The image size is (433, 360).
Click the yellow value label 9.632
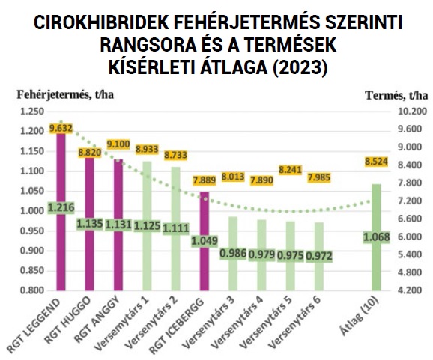[x=61, y=128]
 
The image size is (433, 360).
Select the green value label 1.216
[x=61, y=207]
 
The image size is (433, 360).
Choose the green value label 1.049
[x=204, y=241]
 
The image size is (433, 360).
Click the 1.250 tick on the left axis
[x=32, y=112]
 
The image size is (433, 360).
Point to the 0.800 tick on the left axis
[x=32, y=290]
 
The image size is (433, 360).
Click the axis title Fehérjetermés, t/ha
[x=67, y=94]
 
